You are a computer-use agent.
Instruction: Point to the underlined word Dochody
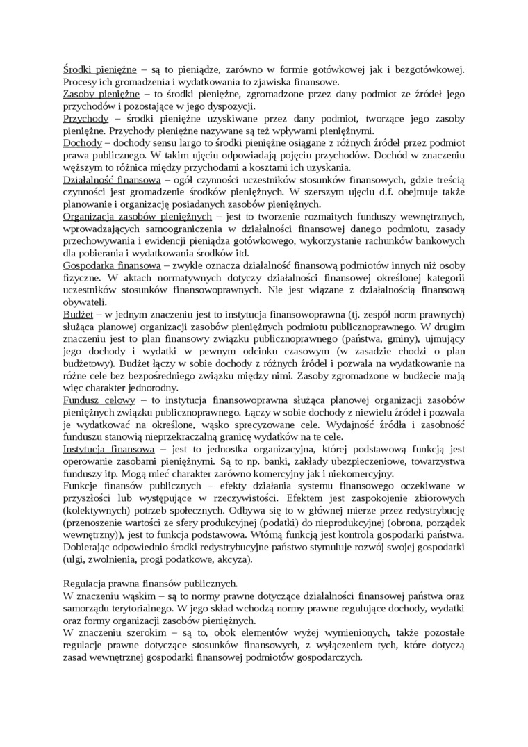83,145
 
